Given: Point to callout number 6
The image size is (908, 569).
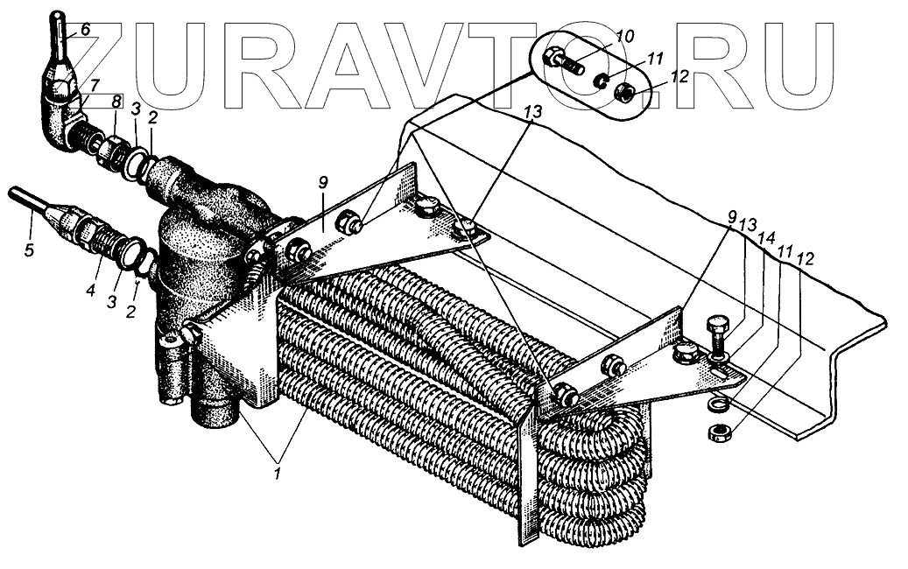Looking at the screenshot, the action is point(86,29).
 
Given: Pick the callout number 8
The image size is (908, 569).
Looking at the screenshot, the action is point(115,102).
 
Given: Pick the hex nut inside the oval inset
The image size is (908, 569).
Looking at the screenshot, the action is point(628,92).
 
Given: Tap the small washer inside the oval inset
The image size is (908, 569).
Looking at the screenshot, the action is point(600,81).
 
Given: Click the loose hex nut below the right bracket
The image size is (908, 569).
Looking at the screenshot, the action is point(718,432).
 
